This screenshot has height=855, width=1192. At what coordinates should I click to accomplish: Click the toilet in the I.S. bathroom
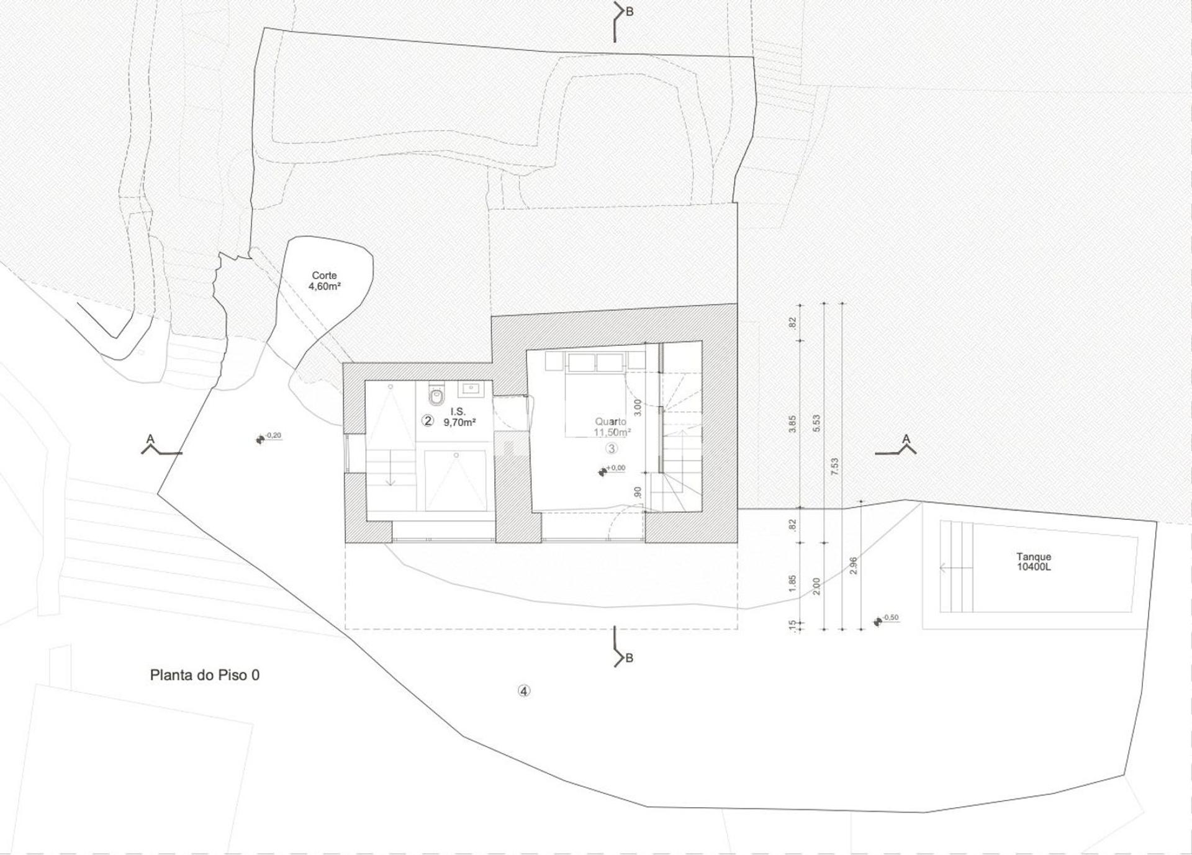(437, 394)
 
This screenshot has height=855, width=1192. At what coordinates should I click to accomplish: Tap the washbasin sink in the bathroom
(470, 389)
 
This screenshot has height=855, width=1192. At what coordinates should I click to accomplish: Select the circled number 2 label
(427, 420)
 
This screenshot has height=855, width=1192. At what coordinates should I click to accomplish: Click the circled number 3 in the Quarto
(612, 448)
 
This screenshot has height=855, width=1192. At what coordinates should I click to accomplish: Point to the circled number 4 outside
(524, 690)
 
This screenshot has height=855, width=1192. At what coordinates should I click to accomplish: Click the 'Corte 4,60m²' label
(324, 281)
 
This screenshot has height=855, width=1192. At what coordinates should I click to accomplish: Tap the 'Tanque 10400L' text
(1034, 562)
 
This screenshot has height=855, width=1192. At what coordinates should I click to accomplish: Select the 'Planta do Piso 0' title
(205, 675)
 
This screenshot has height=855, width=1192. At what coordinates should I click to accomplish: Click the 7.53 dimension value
(835, 466)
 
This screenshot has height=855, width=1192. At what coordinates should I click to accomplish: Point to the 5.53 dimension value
(816, 423)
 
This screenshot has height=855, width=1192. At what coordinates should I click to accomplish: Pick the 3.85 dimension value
(793, 423)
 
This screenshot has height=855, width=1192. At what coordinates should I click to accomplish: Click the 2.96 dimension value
(854, 565)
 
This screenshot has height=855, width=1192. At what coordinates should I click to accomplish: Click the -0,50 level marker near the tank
(887, 620)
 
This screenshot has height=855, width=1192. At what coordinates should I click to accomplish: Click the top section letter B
(630, 12)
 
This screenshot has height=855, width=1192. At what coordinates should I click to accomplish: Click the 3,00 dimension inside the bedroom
(638, 407)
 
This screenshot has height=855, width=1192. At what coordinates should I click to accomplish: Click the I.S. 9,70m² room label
(459, 417)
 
